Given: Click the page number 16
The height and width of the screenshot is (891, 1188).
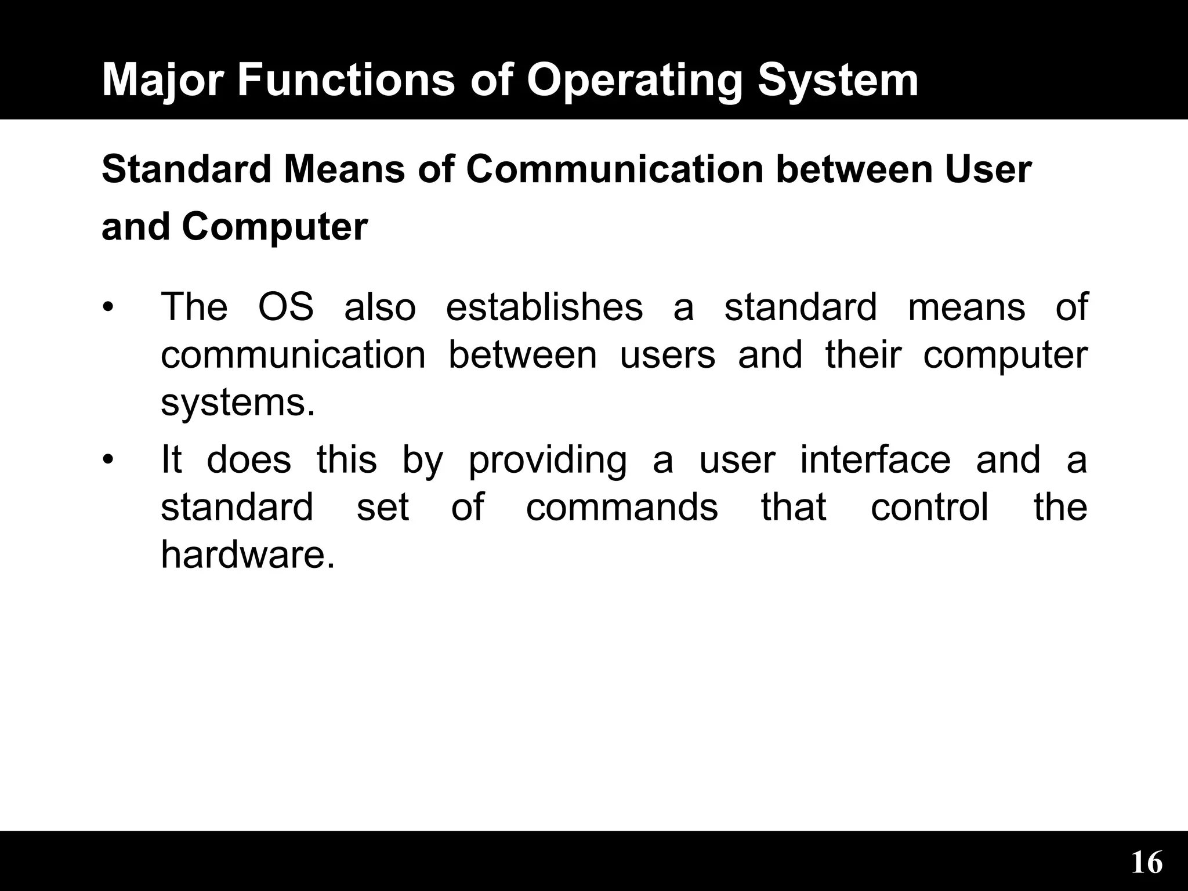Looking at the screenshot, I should coord(1146,863).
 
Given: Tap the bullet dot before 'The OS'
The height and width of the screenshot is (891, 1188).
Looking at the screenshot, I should coord(106,307).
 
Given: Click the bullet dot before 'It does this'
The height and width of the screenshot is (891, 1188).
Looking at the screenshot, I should coord(106,460).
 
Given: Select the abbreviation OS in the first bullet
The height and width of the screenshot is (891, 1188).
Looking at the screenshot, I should coord(285,307).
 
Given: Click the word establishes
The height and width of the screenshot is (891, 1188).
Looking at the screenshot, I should coord(544,307).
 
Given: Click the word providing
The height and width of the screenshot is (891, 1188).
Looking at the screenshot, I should coord(548,460).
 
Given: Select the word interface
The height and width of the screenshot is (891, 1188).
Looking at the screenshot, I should coord(875,460).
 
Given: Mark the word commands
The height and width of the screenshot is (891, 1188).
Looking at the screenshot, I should coord(622,508).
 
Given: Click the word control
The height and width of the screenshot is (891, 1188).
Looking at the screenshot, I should coord(930,508).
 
